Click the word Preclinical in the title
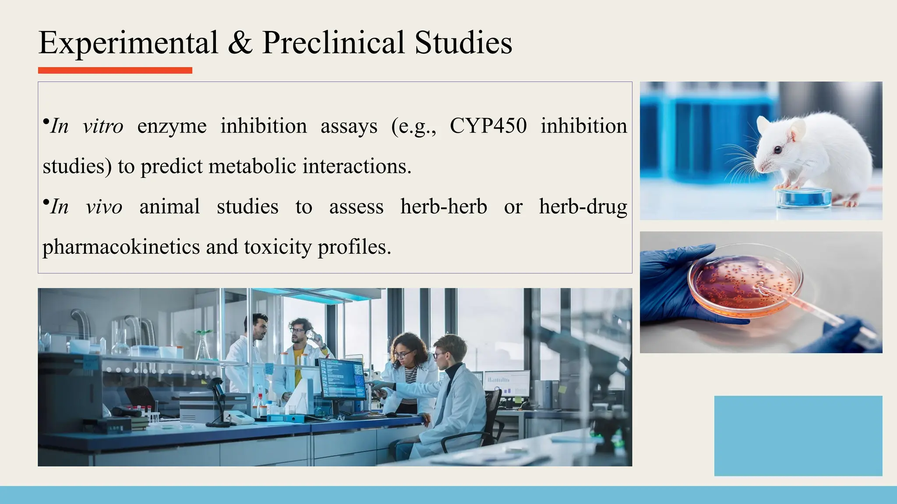[333, 43]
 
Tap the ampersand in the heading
[240, 43]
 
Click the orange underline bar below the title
[115, 70]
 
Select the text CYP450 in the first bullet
[488, 126]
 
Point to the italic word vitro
[103, 126]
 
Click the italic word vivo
[104, 207]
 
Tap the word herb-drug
[583, 207]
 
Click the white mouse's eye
[777, 150]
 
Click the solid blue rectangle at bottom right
[798, 436]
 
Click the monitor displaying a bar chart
[507, 383]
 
